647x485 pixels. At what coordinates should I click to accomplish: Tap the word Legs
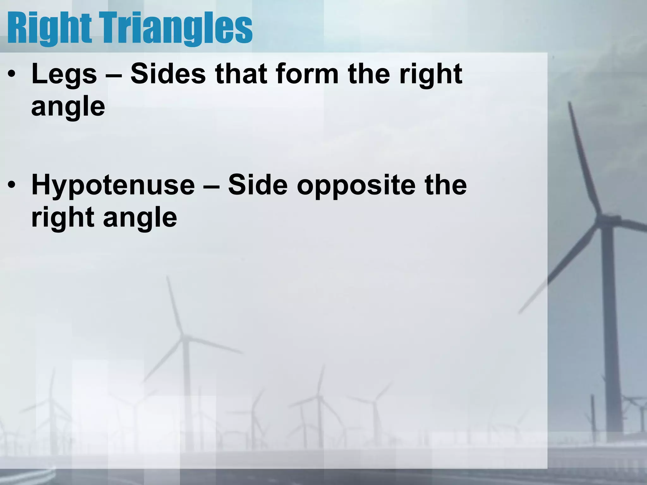(64, 75)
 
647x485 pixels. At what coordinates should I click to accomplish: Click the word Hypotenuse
(113, 186)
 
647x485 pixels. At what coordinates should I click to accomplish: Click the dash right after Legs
(113, 75)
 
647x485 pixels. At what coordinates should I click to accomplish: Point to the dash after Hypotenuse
(211, 186)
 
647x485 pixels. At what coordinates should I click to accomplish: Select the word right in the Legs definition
(431, 75)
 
